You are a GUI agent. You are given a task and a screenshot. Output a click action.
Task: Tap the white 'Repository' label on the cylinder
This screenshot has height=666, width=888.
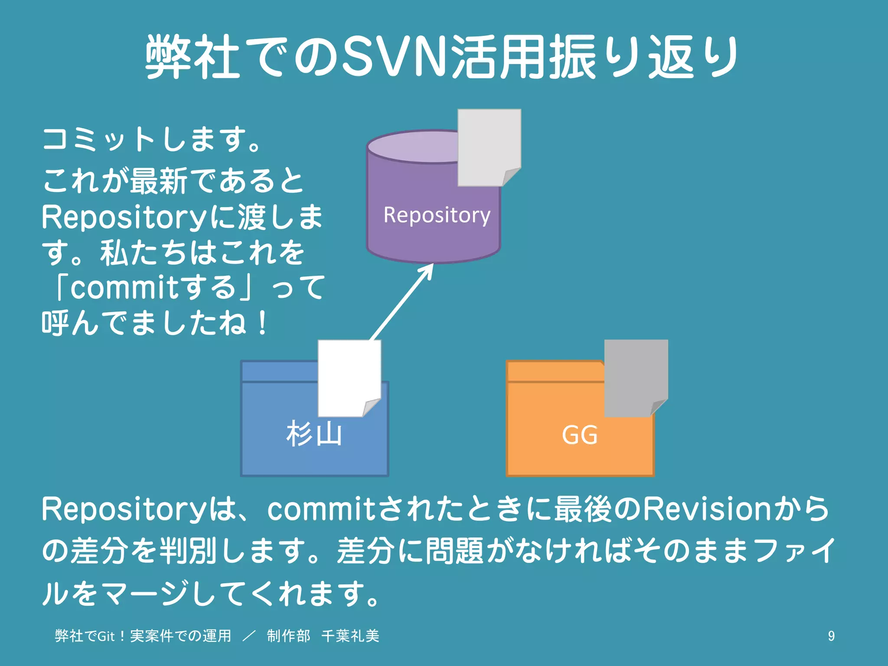437,215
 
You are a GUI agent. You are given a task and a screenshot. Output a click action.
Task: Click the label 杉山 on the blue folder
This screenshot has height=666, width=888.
314,434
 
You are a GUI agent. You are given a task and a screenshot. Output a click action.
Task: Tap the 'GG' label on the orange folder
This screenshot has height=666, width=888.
580,435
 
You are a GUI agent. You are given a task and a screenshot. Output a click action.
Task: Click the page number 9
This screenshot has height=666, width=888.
831,636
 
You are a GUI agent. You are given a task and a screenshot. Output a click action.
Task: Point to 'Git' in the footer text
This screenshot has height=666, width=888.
106,636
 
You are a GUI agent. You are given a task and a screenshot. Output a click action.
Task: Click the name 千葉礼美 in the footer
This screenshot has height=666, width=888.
350,636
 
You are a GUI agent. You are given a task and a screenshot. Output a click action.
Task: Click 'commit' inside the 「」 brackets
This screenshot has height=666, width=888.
124,288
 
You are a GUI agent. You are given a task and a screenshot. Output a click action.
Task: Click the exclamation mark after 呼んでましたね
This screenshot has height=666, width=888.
262,323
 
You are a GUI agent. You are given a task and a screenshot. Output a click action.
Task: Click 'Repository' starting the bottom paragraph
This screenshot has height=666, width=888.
124,509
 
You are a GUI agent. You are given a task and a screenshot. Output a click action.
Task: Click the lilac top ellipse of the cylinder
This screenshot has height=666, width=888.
412,147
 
